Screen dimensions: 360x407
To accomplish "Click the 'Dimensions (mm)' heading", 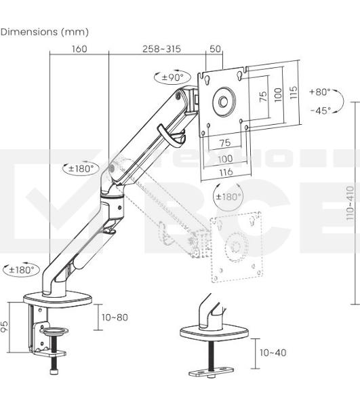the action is [44, 32].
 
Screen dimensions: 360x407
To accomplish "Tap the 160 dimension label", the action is [79, 49].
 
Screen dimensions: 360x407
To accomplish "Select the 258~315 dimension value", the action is [161, 49].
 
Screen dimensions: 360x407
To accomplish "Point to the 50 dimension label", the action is [215, 49].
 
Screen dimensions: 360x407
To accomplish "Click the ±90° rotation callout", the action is [172, 77].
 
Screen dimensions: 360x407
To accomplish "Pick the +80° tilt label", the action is [320, 92].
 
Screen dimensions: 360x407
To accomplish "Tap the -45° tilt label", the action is [321, 111].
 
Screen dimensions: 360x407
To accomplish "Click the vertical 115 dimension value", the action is [293, 92].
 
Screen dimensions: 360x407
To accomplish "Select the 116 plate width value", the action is [226, 172].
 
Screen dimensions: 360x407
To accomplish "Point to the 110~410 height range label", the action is [350, 203].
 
